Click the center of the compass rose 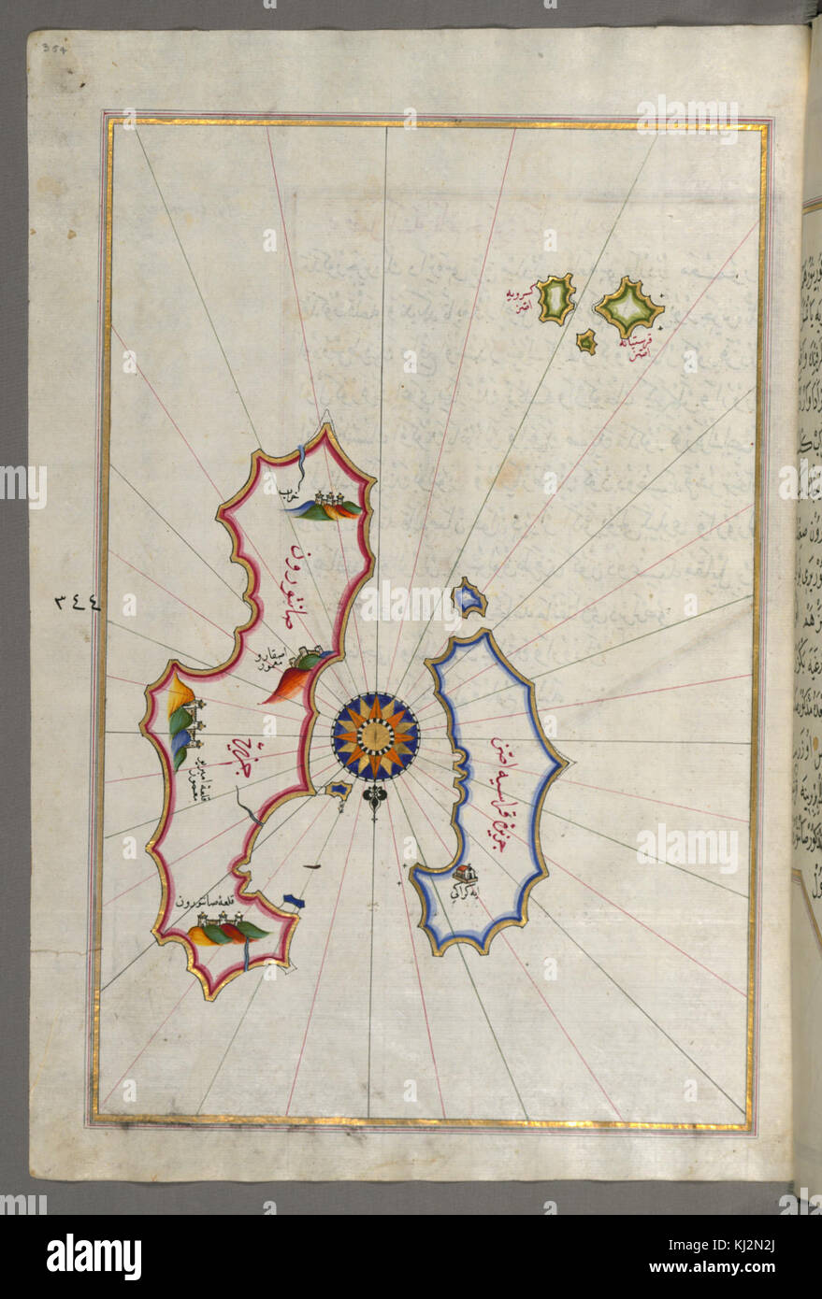pyautogui.click(x=375, y=736)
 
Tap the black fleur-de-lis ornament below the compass pyautogui.click(x=375, y=801)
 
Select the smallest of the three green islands pyautogui.click(x=586, y=342)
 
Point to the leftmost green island pyautogui.click(x=556, y=298)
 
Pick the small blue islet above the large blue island pyautogui.click(x=469, y=597)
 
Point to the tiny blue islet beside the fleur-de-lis pyautogui.click(x=339, y=791)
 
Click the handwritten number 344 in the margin pyautogui.click(x=77, y=604)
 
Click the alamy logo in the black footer pyautogui.click(x=94, y=1257)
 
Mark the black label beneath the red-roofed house pyautogui.click(x=463, y=892)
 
